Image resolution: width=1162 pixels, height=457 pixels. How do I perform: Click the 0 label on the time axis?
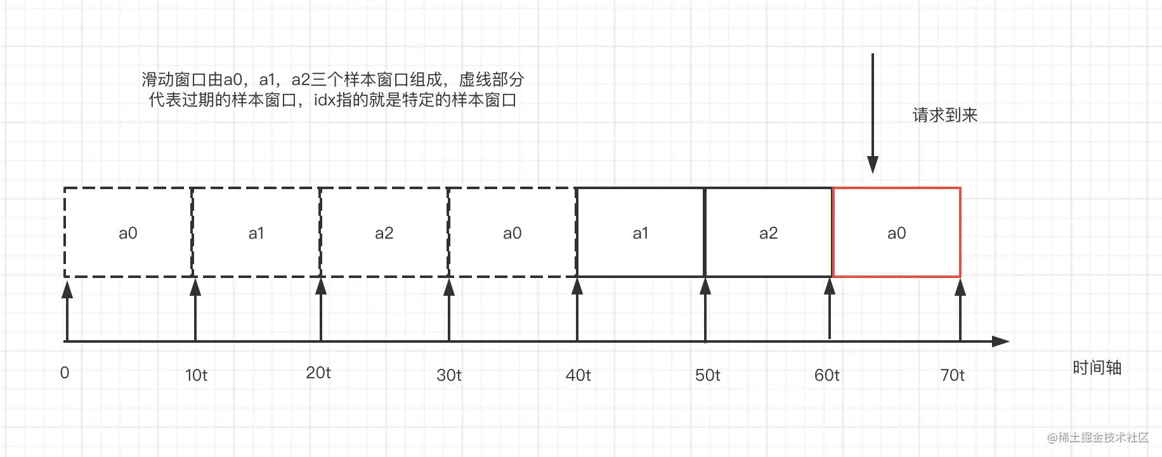tap(65, 373)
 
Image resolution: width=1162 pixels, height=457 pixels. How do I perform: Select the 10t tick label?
tap(196, 375)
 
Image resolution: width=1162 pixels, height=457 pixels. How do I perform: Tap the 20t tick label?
tap(318, 373)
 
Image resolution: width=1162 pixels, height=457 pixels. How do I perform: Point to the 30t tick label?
tap(449, 375)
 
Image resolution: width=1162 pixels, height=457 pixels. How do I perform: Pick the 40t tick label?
tap(578, 375)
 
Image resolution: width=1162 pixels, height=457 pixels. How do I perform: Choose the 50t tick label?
tap(707, 375)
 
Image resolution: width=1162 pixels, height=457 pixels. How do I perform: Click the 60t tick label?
tap(826, 375)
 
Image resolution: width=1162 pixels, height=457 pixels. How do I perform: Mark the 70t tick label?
tap(952, 375)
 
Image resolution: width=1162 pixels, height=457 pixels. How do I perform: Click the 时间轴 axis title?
tap(1097, 368)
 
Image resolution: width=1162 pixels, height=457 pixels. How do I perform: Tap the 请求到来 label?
tap(945, 115)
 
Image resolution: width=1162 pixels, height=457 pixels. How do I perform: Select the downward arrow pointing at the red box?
tap(873, 113)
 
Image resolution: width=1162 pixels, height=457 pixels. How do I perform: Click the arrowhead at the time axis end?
tap(1001, 341)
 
